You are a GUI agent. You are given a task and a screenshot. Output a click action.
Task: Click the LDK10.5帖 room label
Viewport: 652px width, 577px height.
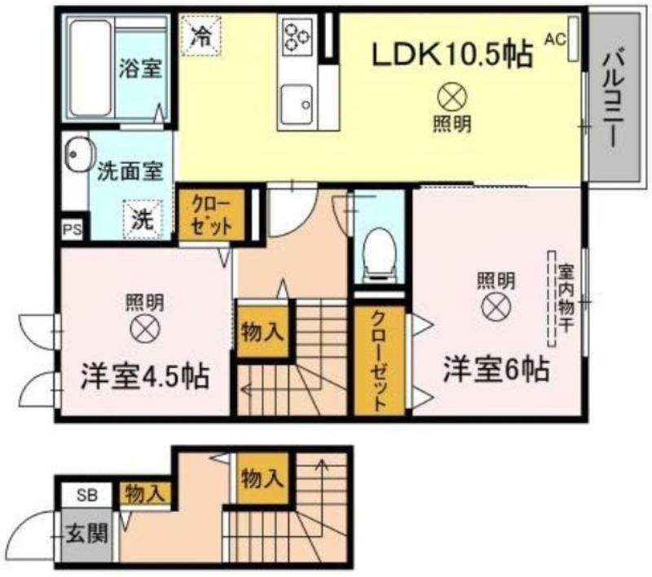point(452,54)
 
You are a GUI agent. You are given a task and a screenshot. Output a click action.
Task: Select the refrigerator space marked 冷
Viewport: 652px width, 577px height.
point(200,35)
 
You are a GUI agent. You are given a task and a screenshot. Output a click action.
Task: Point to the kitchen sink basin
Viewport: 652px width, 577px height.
point(297,104)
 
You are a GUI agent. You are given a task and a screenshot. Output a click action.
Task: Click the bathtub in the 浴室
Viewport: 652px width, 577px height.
point(90,68)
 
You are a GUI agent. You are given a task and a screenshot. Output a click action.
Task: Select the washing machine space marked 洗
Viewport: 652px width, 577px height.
point(143,220)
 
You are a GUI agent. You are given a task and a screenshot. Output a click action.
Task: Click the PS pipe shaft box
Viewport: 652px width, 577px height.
point(72,230)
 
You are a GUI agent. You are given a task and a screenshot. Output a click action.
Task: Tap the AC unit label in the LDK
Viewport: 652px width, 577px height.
point(556,39)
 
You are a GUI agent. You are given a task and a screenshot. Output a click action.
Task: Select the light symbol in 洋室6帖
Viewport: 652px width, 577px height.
point(496,307)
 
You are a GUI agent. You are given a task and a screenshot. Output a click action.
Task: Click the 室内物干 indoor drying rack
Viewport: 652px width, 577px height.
point(552,299)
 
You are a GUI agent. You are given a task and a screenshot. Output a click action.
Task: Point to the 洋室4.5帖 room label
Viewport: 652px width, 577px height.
point(144,376)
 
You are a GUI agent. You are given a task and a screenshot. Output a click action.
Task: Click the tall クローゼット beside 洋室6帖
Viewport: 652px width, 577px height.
point(379,361)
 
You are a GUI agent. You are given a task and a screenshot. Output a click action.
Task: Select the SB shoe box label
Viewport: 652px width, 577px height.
point(87,495)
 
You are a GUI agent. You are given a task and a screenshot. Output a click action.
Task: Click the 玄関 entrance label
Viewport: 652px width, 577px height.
point(87,534)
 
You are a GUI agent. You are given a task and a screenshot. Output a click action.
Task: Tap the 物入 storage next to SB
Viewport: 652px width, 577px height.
point(145,494)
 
